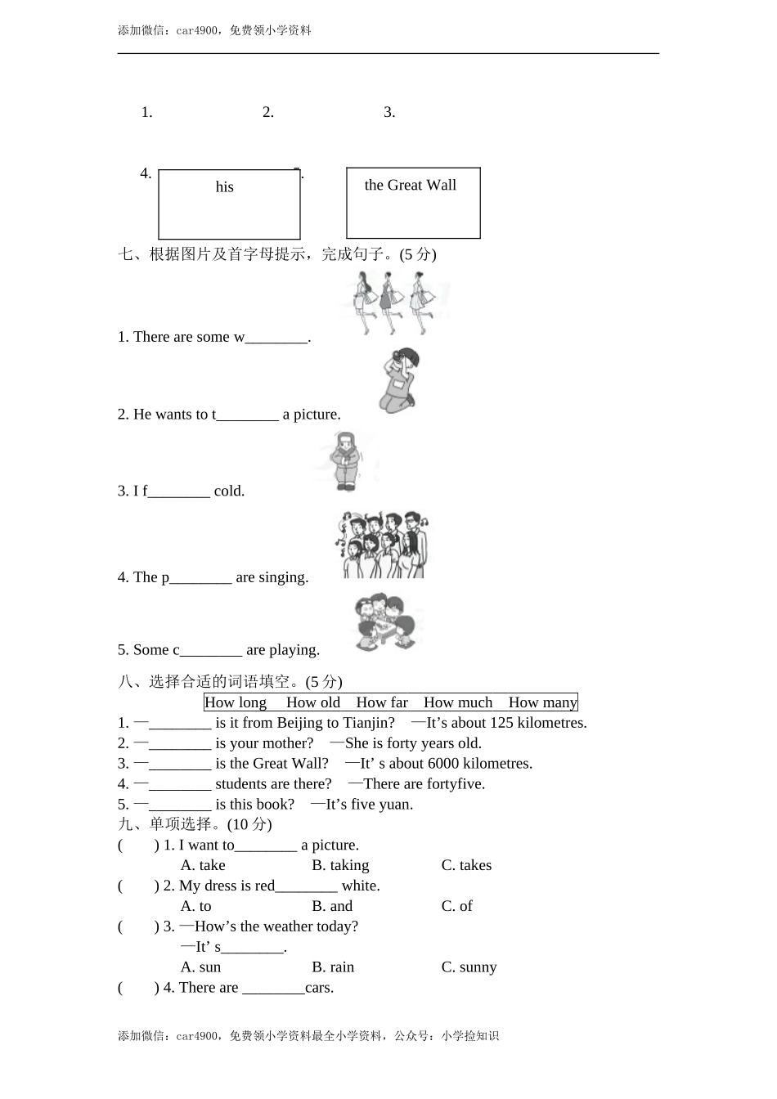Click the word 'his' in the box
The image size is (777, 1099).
pyautogui.click(x=225, y=187)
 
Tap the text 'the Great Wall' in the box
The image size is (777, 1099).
pyautogui.click(x=411, y=186)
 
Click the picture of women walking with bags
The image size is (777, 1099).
pyautogui.click(x=395, y=302)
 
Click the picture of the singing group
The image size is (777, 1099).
pyautogui.click(x=382, y=545)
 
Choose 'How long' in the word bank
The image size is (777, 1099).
pyautogui.click(x=236, y=702)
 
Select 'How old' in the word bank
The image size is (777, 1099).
pyautogui.click(x=313, y=702)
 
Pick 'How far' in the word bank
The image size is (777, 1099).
pyautogui.click(x=382, y=702)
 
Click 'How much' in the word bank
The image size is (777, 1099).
pyautogui.click(x=458, y=702)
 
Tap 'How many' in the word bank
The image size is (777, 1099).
pyautogui.click(x=542, y=702)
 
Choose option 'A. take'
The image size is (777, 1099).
pyautogui.click(x=203, y=865)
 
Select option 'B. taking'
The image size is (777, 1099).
pyautogui.click(x=340, y=865)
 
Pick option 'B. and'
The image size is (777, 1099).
pyautogui.click(x=332, y=906)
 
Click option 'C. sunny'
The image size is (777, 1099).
pyautogui.click(x=469, y=967)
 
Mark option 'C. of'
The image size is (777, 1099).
pyautogui.click(x=456, y=906)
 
